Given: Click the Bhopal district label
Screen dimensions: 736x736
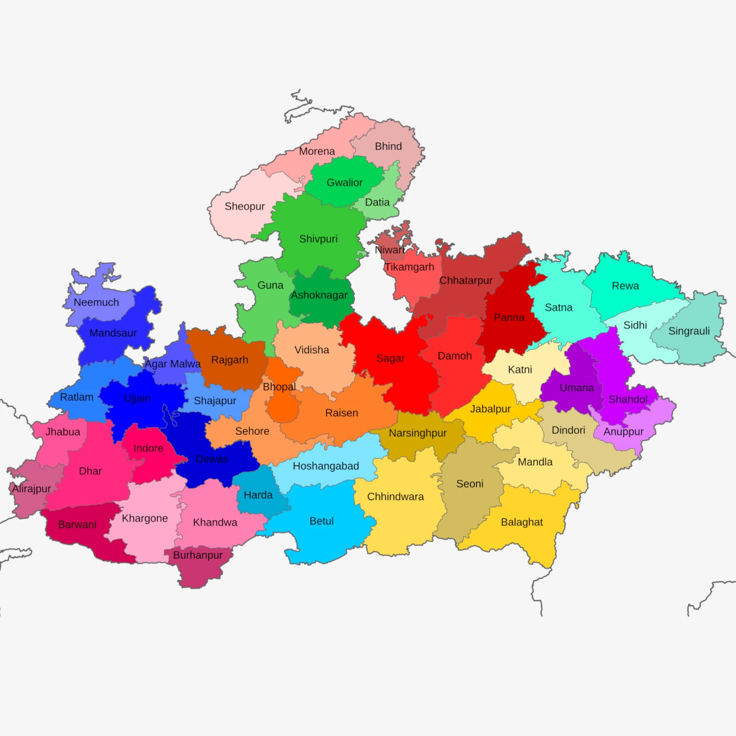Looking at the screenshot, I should click(279, 387).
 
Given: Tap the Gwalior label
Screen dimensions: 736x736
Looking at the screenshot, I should click(345, 183).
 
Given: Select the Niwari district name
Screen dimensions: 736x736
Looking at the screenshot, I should click(390, 250).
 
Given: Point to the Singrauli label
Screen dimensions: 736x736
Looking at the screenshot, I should click(689, 331).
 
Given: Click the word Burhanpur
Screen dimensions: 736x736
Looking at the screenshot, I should click(198, 555).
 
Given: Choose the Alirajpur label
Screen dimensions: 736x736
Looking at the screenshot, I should click(31, 489).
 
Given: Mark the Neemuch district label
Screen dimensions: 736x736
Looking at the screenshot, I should click(96, 302).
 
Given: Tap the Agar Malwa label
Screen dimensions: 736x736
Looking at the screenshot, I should click(172, 364).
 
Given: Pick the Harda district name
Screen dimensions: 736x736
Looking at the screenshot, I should click(258, 495).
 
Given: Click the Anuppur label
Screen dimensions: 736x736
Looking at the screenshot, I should click(623, 431).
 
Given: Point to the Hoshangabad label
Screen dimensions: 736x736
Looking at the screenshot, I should click(326, 466).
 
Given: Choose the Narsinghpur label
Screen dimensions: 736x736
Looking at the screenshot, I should click(418, 433).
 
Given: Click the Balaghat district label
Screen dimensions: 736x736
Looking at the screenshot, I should click(522, 522).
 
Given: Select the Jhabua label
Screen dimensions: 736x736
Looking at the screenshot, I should click(63, 432).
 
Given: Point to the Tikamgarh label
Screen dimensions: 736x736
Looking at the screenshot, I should click(409, 267).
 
